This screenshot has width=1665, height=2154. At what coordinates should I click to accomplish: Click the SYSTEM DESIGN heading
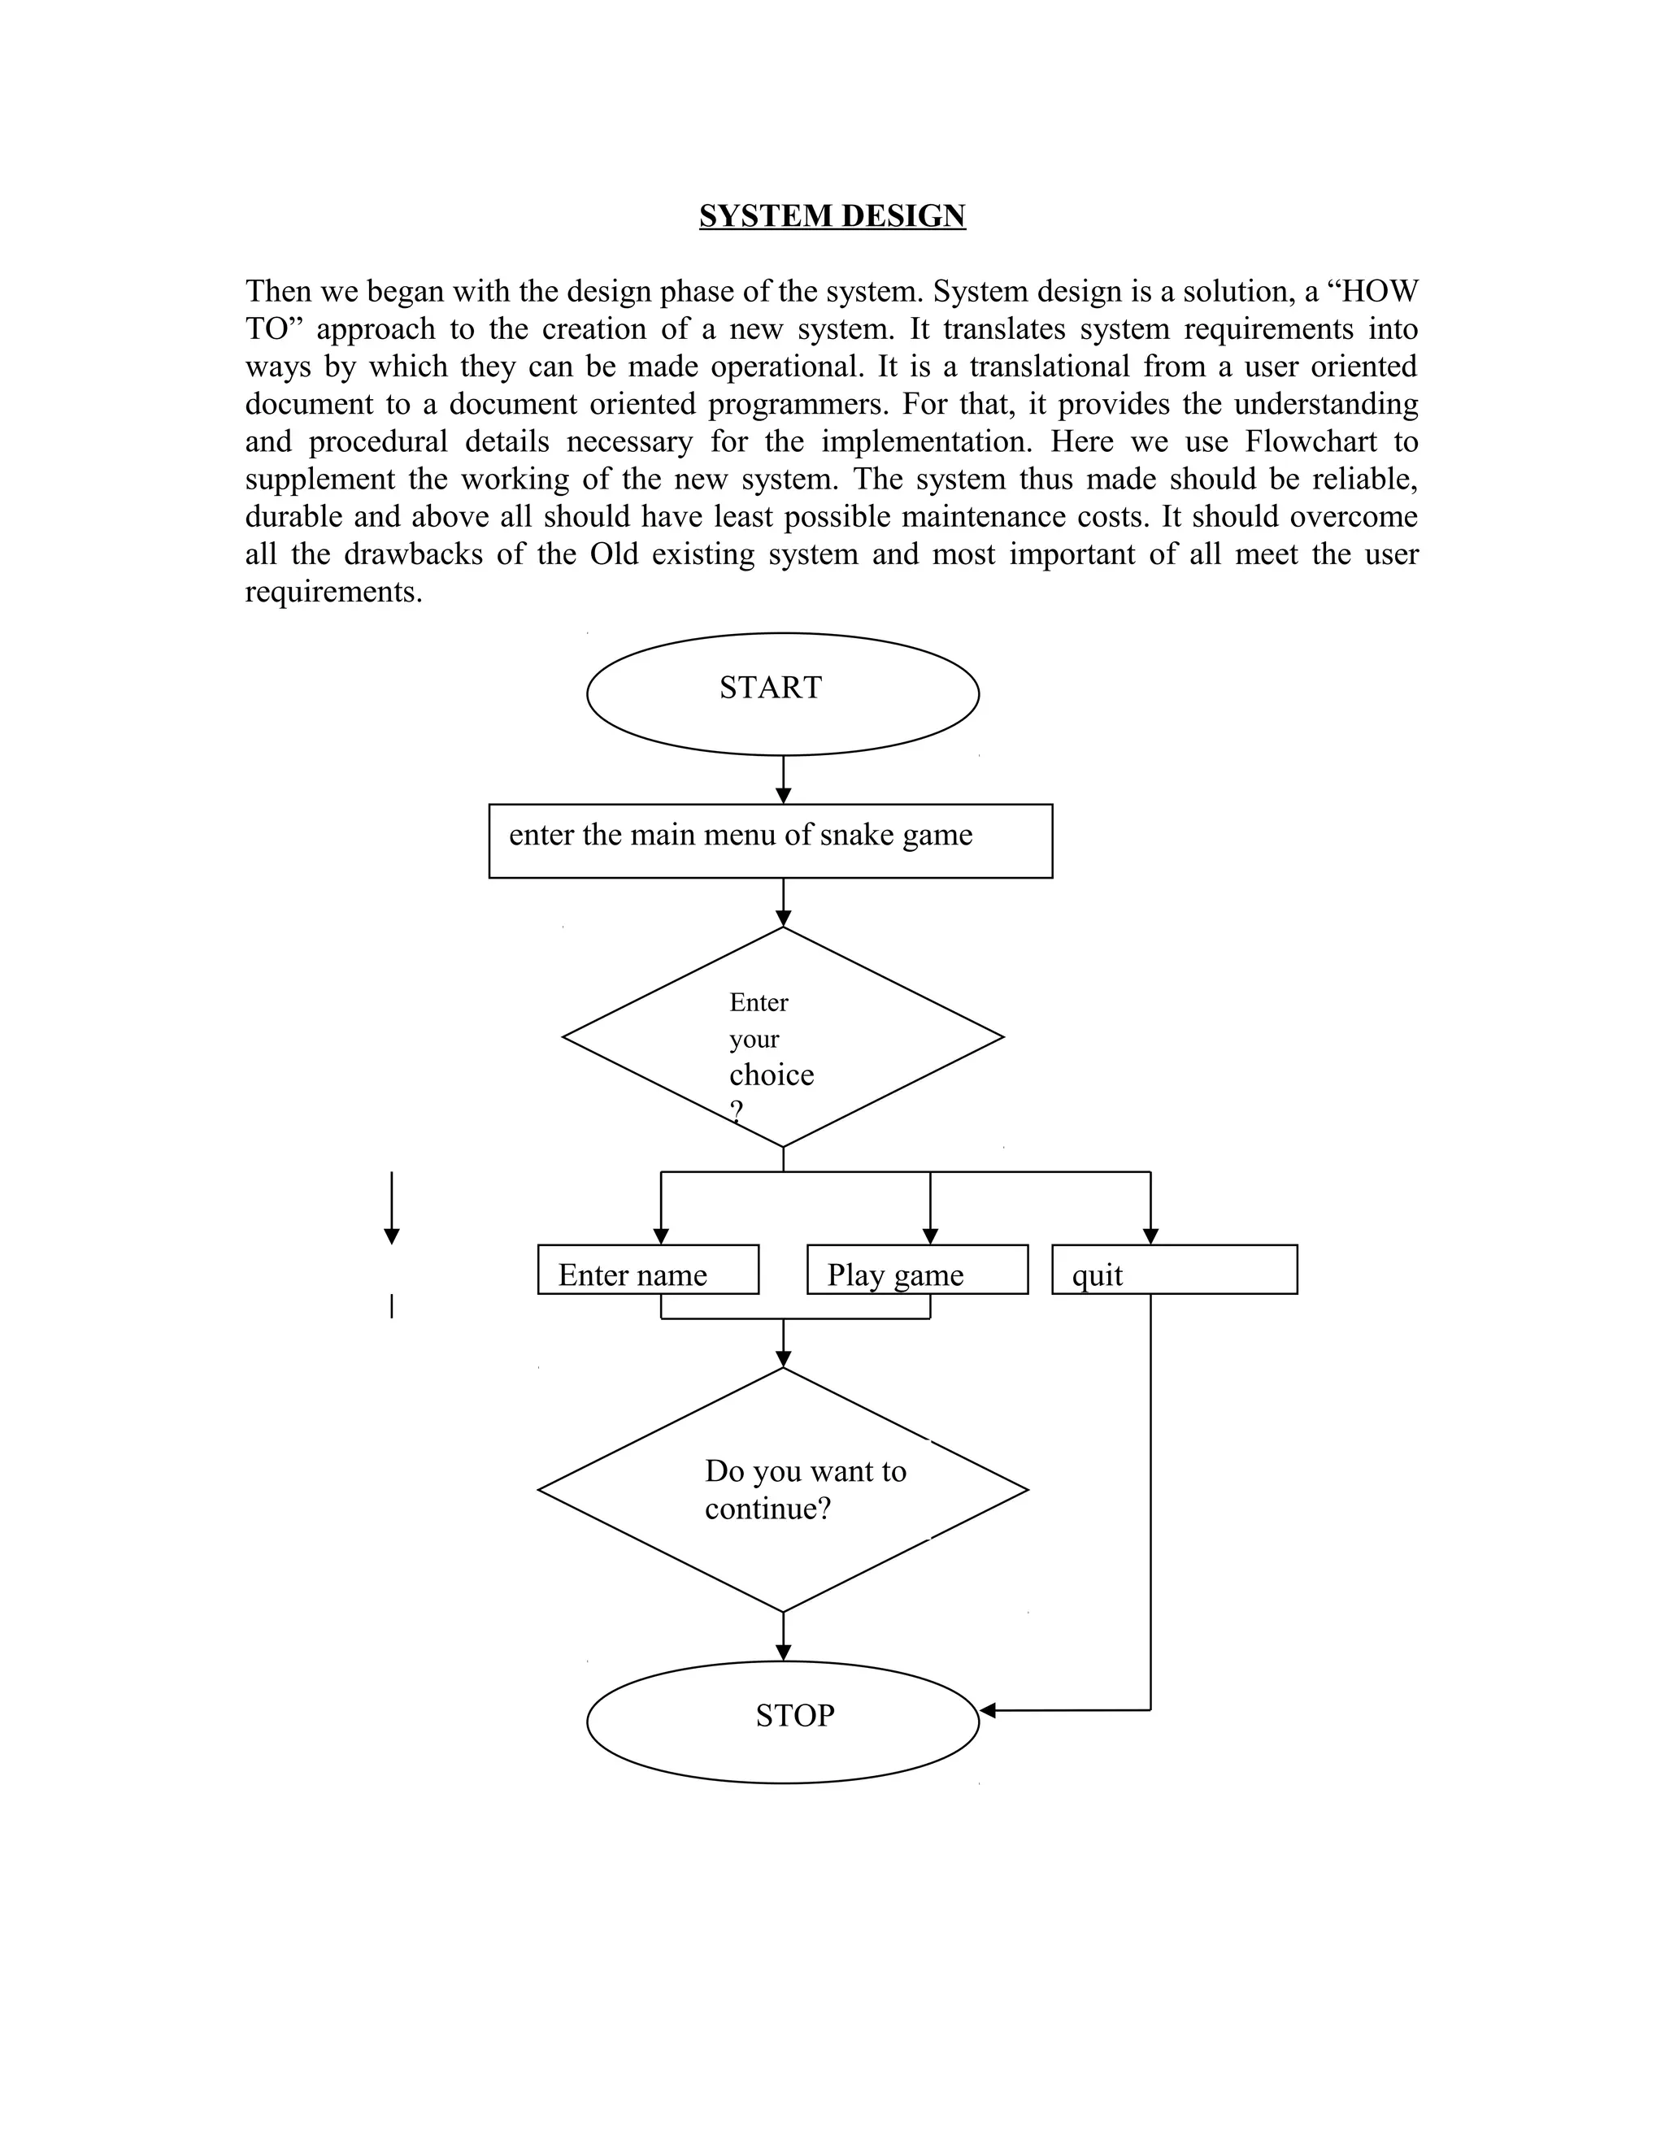pos(832,215)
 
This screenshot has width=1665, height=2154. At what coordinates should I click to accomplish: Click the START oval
pos(782,694)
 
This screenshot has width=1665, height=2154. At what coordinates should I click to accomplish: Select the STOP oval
pos(782,1722)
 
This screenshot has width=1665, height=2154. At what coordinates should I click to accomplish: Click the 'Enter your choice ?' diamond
pos(782,1037)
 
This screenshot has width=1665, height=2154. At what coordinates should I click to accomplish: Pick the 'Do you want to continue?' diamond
pos(782,1489)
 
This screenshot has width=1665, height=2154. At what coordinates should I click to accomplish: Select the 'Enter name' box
pos(647,1270)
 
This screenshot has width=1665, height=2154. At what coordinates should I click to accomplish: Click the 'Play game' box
pos(916,1270)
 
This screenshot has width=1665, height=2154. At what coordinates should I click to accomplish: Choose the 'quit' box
pos(1174,1270)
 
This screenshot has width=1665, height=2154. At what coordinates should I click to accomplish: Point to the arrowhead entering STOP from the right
pos(987,1710)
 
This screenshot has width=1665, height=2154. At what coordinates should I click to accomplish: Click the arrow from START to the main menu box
pos(783,780)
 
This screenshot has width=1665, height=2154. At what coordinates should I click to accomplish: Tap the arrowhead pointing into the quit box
pos(1150,1237)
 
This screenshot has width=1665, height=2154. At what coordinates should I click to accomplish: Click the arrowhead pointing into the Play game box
pos(930,1237)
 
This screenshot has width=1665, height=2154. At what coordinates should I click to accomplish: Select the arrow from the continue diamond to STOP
pos(783,1637)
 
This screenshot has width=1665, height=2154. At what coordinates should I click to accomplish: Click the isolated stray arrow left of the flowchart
pos(392,1208)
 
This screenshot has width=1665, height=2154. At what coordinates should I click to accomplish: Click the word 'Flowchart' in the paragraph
pos(1310,441)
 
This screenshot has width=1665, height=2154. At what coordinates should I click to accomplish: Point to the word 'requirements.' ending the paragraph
pos(333,592)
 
